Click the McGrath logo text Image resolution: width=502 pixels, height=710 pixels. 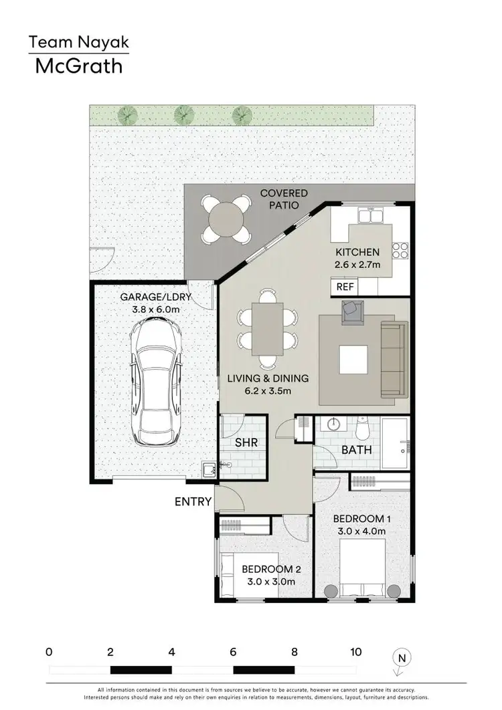click(79, 66)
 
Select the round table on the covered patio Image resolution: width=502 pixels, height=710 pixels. click(226, 217)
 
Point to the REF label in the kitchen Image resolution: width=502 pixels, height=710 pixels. click(345, 287)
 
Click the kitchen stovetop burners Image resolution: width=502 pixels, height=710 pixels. click(400, 250)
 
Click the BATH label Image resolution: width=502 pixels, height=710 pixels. click(356, 450)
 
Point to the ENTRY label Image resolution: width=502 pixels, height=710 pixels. click(193, 501)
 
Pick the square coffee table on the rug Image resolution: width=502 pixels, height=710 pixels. click(353, 359)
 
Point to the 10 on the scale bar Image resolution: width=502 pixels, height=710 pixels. click(355, 652)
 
